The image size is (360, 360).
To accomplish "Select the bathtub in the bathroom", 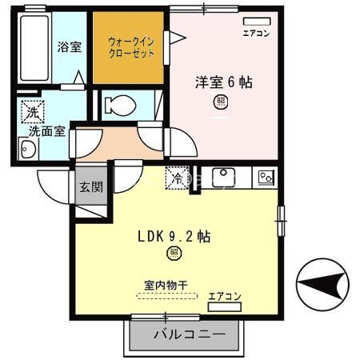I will pyautogui.click(x=34, y=48).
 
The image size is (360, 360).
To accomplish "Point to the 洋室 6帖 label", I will pyautogui.click(x=224, y=82).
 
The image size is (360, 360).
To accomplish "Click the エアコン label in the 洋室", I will pyautogui.click(x=256, y=34).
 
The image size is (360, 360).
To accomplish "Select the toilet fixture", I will pyautogui.click(x=120, y=105).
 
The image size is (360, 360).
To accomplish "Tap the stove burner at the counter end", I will pyautogui.click(x=265, y=177).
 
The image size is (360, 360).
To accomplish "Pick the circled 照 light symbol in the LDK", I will pyautogui.click(x=173, y=254).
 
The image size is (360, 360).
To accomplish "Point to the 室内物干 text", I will pyautogui.click(x=166, y=284).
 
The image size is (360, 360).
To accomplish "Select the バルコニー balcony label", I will pyautogui.click(x=184, y=334).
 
